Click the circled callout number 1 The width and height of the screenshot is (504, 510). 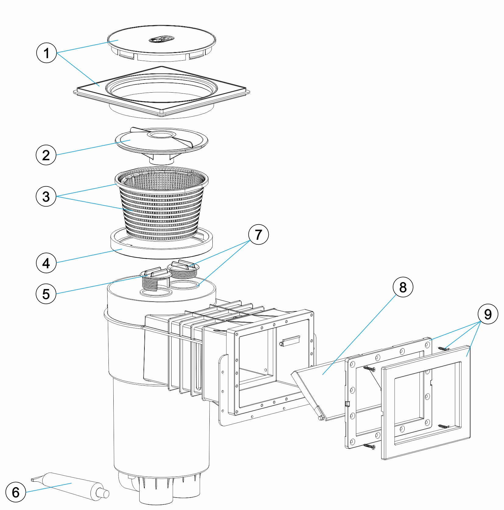pyautogui.click(x=46, y=53)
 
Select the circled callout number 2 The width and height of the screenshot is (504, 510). pyautogui.click(x=46, y=155)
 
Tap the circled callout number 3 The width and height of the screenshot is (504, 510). pyautogui.click(x=46, y=196)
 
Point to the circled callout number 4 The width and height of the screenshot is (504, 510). pyautogui.click(x=46, y=263)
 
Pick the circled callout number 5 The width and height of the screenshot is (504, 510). pyautogui.click(x=46, y=294)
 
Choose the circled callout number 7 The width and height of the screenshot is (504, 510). pyautogui.click(x=258, y=234)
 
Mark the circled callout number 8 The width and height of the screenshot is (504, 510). pyautogui.click(x=403, y=287)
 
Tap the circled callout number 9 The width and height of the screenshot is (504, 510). pyautogui.click(x=488, y=314)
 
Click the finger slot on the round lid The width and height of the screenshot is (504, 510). pyautogui.click(x=161, y=39)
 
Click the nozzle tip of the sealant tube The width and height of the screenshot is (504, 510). pyautogui.click(x=105, y=494)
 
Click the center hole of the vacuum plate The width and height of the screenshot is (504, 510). pyautogui.click(x=161, y=135)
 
